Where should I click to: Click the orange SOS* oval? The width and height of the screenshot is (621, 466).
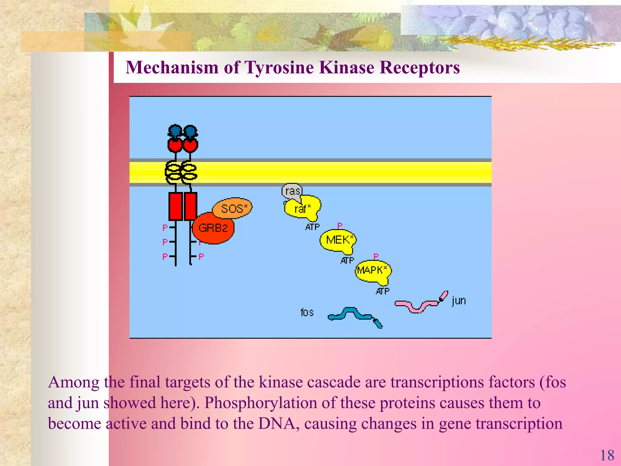pos(232,208)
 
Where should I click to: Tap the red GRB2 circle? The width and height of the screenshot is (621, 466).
pos(213,228)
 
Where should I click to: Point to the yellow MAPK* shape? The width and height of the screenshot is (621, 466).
pos(373,271)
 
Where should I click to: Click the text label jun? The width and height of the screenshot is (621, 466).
pos(458,301)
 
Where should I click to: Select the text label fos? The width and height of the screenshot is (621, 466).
pos(307,312)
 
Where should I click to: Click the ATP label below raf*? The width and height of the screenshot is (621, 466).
pos(313,227)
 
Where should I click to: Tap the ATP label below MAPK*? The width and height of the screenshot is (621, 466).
pos(383,292)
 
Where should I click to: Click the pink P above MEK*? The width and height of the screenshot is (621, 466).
pos(340,226)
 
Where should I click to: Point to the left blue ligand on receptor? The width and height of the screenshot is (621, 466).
pos(175,131)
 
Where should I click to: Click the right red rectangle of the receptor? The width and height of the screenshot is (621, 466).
pos(190,206)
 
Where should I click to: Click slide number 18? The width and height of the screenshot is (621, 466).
pos(607,455)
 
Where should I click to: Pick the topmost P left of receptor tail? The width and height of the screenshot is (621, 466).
pos(165,228)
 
